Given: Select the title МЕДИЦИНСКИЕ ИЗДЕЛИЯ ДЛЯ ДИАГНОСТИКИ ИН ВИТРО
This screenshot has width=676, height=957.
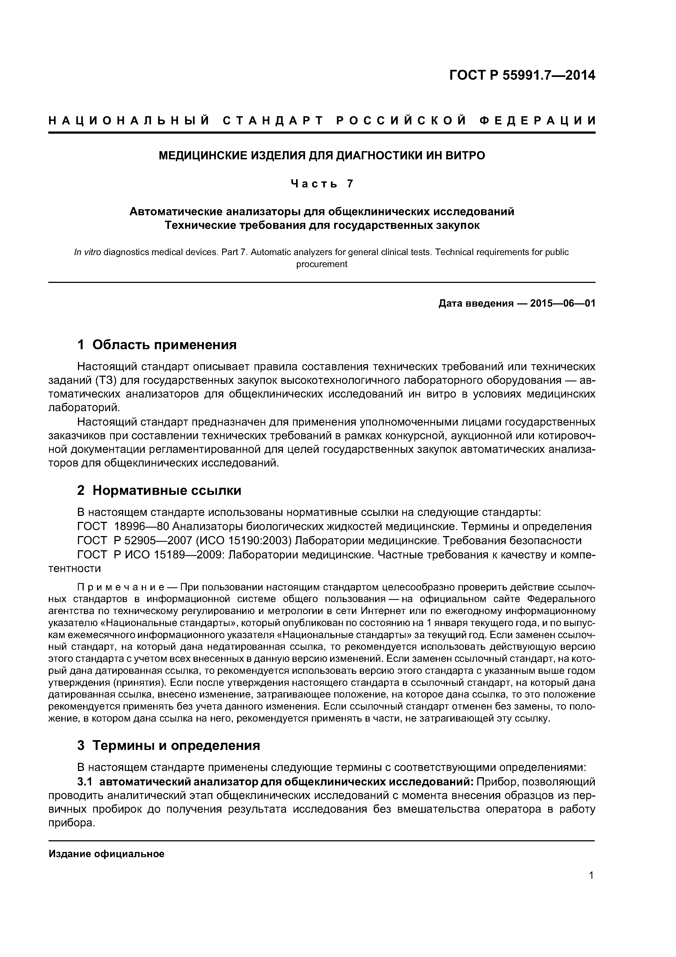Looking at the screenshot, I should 322,156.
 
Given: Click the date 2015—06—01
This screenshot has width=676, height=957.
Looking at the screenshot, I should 562,303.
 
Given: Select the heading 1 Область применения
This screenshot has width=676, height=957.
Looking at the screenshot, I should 157,345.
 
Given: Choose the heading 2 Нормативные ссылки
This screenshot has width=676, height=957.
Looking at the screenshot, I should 159,491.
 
